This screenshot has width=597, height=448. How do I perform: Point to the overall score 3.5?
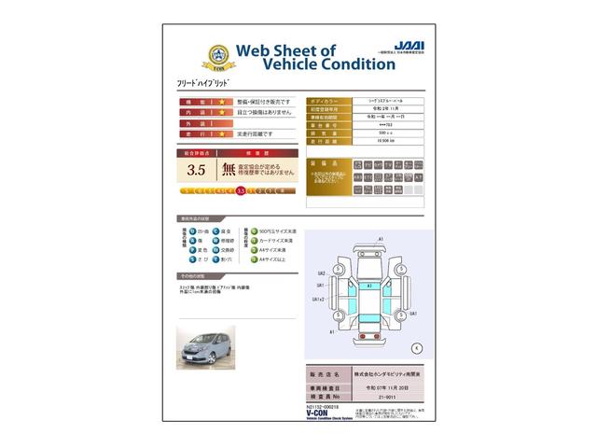[x=196, y=170]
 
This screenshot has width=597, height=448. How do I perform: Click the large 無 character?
[x=229, y=170]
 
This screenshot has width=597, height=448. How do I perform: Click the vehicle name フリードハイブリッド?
[x=201, y=84]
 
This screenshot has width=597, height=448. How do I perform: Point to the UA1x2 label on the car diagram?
[x=317, y=300]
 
